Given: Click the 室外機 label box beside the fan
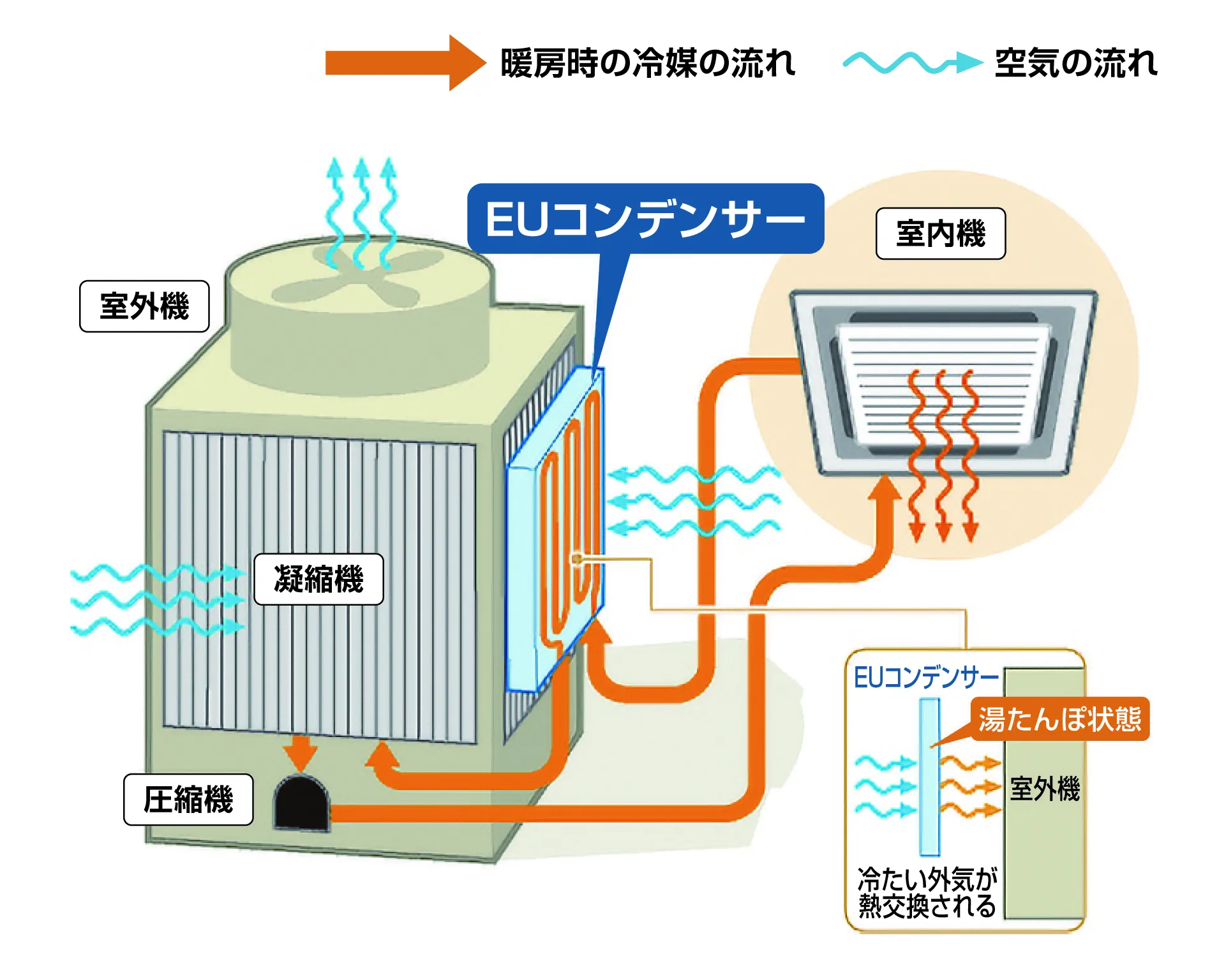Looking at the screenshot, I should pos(144,306).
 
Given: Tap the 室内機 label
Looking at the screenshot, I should pos(940,234).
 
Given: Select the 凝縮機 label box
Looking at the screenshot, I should pos(318,579).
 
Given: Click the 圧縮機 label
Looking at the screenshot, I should pos(188,800).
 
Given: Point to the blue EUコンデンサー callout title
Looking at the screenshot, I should pos(645,219).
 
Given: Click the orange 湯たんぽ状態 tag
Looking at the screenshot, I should pos(1059,719).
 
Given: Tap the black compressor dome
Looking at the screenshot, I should pos(301,803).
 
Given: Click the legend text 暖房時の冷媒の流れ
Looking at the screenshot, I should pos(647,63).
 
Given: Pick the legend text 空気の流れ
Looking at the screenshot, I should pos(1076,63).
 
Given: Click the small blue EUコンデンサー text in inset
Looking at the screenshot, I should pos(925,678).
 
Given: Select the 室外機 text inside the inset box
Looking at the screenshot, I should pos(1045,789).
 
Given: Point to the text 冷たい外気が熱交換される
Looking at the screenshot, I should pos(927,893).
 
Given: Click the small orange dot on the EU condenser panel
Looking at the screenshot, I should pos(576,560).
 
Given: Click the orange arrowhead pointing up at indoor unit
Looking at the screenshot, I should pos(884,488).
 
